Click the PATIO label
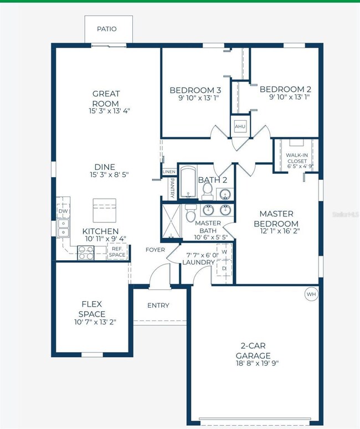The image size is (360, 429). pos(107,29)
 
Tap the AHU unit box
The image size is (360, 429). pos(240,126)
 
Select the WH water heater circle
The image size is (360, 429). pos(311,294)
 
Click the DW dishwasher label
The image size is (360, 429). pos(63,211)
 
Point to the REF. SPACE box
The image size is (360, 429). pos(117,252)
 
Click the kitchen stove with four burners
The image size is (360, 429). pos(86,252)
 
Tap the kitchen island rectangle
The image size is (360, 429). pos(104,210)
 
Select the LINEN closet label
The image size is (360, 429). pos(169,172)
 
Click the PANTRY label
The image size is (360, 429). pos(172,188)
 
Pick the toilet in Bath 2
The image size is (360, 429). pos(208,191)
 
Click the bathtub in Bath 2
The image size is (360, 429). pos(188,182)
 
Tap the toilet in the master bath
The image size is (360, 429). pos(191,213)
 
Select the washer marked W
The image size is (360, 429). pos(224,251)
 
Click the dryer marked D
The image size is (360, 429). pos(224,268)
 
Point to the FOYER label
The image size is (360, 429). pos(155,250)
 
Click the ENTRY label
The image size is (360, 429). pos(158,306)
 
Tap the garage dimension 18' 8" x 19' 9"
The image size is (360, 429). pos(258,363)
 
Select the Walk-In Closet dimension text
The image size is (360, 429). pos(300,166)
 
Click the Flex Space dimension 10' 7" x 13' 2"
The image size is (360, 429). pos(95,322)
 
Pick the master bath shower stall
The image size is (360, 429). pos(171,221)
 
